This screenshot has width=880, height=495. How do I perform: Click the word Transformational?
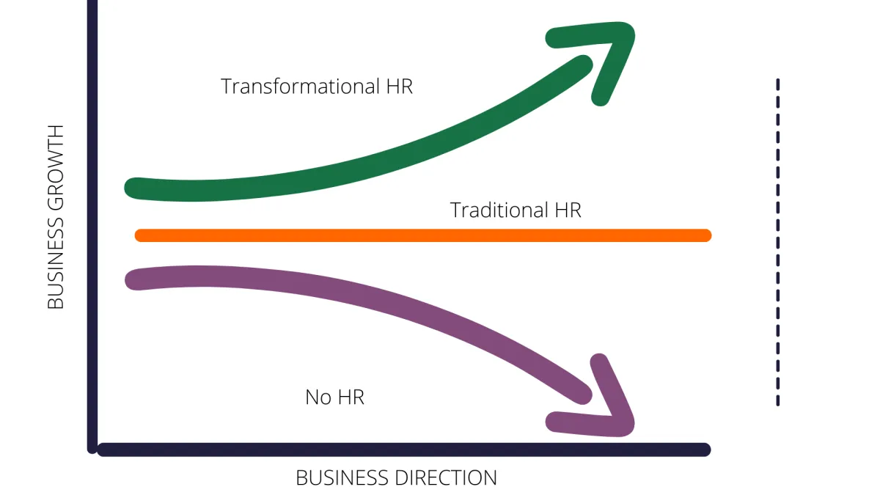[x=301, y=87]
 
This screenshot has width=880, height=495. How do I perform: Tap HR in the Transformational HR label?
[x=399, y=87]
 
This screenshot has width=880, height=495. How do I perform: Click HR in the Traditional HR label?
[x=566, y=210]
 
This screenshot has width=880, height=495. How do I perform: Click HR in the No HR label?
[x=350, y=397]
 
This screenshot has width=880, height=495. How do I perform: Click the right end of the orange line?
[x=705, y=235]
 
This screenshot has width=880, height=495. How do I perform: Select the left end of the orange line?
[x=141, y=235]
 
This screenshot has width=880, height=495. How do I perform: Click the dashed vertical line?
[x=777, y=242]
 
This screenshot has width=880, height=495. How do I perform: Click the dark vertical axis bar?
[x=92, y=220]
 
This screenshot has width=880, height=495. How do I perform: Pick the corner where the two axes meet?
[x=94, y=448]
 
